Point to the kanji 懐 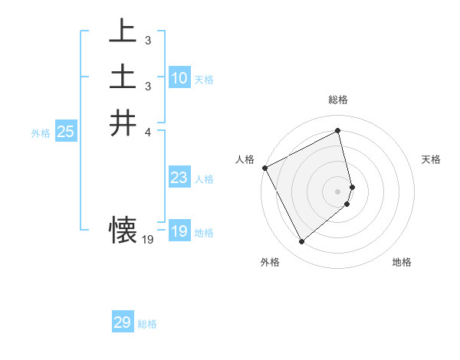123,229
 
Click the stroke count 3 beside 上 147,39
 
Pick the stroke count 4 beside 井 147,132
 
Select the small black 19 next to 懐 148,240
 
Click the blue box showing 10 179,78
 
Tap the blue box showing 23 179,178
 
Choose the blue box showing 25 65,132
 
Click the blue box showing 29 122,322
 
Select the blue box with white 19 179,231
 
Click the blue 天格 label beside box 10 204,80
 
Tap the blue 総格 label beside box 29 147,324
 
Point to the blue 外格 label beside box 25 41,133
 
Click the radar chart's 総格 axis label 338,100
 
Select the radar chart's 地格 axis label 402,262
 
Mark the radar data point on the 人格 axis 264,168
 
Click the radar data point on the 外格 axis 301,242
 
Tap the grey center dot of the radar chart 338,190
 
